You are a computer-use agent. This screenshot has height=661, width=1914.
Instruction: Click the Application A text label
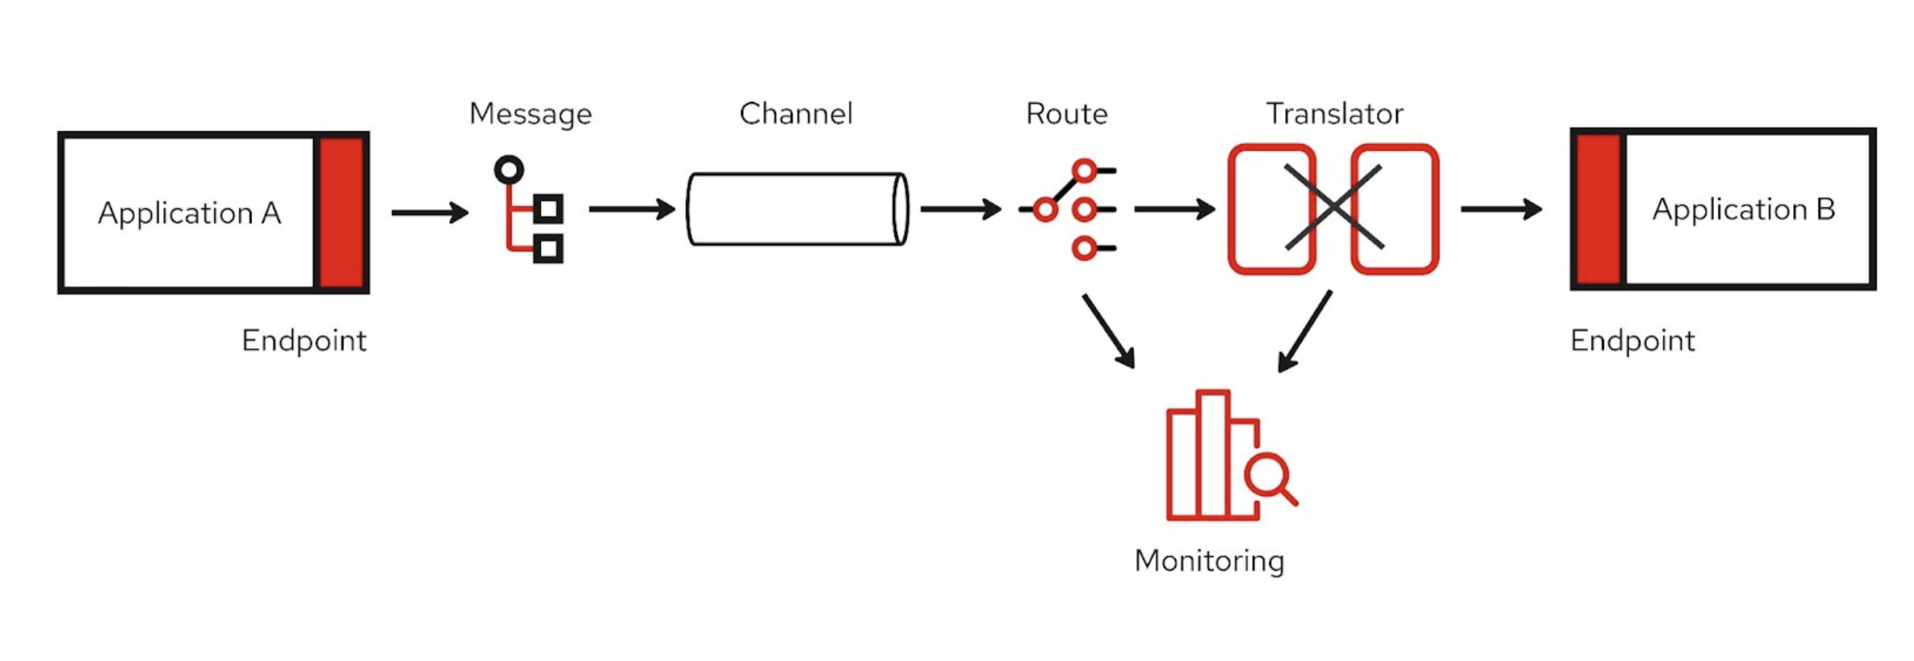pyautogui.click(x=189, y=214)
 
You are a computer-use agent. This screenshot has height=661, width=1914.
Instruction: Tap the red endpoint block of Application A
pyautogui.click(x=341, y=213)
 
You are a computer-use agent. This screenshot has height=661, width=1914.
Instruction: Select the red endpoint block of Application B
pyautogui.click(x=1599, y=210)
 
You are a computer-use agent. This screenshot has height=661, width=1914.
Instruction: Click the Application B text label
pyautogui.click(x=1743, y=209)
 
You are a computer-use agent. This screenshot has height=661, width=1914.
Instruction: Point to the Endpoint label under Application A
pyautogui.click(x=303, y=341)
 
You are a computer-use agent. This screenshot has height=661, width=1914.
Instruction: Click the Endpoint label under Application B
pyautogui.click(x=1632, y=341)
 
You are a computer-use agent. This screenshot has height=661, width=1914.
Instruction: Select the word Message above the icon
pyautogui.click(x=531, y=114)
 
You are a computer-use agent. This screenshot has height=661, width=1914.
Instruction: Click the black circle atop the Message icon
pyautogui.click(x=509, y=170)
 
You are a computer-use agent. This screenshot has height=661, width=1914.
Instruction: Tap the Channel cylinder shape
pyautogui.click(x=797, y=209)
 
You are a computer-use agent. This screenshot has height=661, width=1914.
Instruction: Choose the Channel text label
pyautogui.click(x=795, y=114)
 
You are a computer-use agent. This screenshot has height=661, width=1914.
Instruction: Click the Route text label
pyautogui.click(x=1066, y=114)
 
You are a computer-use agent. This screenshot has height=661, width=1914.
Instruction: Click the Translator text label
pyautogui.click(x=1334, y=114)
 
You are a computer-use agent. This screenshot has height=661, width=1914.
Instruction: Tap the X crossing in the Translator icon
pyautogui.click(x=1334, y=208)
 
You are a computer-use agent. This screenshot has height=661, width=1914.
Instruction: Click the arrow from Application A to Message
pyautogui.click(x=429, y=213)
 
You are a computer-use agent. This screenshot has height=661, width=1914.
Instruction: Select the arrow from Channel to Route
pyautogui.click(x=960, y=209)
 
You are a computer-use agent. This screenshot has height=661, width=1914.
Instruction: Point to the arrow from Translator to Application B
pyautogui.click(x=1500, y=209)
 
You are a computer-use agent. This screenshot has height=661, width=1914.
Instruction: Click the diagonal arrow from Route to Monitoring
pyautogui.click(x=1108, y=330)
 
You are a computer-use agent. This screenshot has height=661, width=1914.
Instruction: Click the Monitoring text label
pyautogui.click(x=1209, y=561)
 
